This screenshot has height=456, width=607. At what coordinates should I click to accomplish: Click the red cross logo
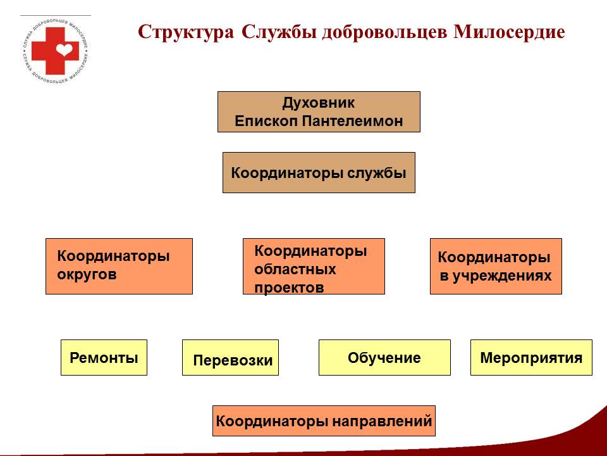coord(54,50)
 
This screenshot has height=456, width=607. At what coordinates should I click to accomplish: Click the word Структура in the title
coord(186,32)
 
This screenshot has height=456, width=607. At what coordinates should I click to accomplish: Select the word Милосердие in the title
coord(509,32)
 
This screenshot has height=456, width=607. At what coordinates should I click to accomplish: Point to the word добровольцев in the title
coord(384,32)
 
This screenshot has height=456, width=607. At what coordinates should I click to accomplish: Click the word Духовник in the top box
coord(318,103)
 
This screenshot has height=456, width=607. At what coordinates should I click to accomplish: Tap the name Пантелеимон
coord(352,121)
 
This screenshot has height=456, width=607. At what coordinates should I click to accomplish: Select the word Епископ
coord(266,122)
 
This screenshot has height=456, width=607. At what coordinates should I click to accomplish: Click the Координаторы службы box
coord(319,172)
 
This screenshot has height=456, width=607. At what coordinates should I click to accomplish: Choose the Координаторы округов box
coord(119,266)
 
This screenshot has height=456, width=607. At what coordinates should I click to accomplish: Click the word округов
coord(87,274)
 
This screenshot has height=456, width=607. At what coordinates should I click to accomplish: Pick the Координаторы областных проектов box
coord(314,266)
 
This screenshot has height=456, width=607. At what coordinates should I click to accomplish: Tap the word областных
coord(295,269)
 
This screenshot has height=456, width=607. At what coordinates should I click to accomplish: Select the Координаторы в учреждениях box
coord(496,266)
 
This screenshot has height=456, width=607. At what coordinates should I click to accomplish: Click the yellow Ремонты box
coord(104,357)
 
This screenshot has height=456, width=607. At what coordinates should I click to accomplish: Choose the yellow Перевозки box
coord(230,357)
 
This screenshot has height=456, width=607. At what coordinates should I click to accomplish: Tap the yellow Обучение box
coord(384,357)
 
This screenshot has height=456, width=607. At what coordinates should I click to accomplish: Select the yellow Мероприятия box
coord(531,357)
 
